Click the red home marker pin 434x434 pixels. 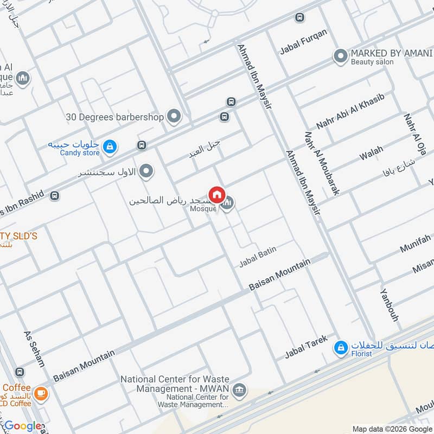[217, 195]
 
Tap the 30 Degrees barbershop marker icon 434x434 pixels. [174, 116]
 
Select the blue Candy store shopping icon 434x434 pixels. [110, 146]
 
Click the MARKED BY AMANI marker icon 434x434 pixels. [340, 56]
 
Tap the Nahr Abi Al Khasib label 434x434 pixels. [350, 111]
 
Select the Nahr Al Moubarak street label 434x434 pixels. [322, 163]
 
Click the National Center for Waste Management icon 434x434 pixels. [239, 390]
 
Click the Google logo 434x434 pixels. [23, 426]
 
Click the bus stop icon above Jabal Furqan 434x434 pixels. [299, 17]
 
